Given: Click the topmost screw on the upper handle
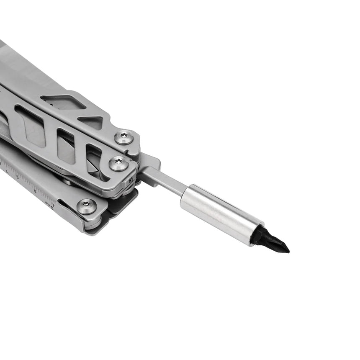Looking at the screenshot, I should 124,137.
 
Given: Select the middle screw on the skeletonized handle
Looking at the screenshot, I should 119,163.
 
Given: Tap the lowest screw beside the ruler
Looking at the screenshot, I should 87,206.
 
